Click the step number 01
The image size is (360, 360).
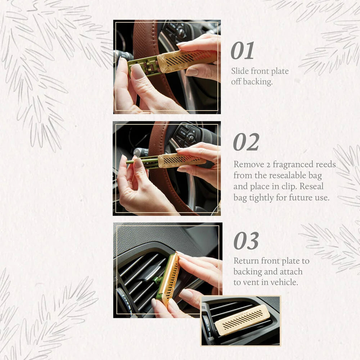(242, 51)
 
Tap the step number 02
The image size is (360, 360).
(246, 142)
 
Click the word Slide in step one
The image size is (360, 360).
(239, 71)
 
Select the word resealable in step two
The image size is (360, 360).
(291, 176)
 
